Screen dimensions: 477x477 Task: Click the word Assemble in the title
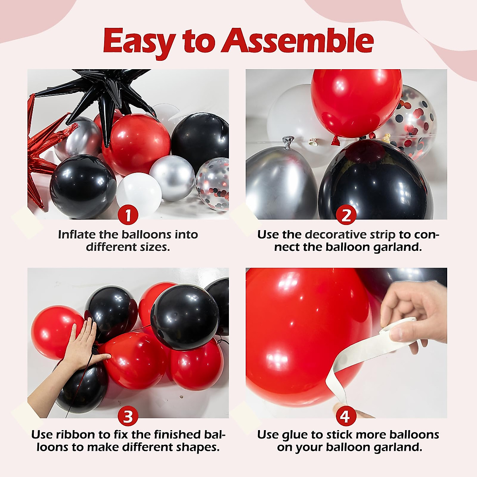298,41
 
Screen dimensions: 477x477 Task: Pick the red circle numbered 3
128,417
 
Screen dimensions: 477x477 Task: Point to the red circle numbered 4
345,416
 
